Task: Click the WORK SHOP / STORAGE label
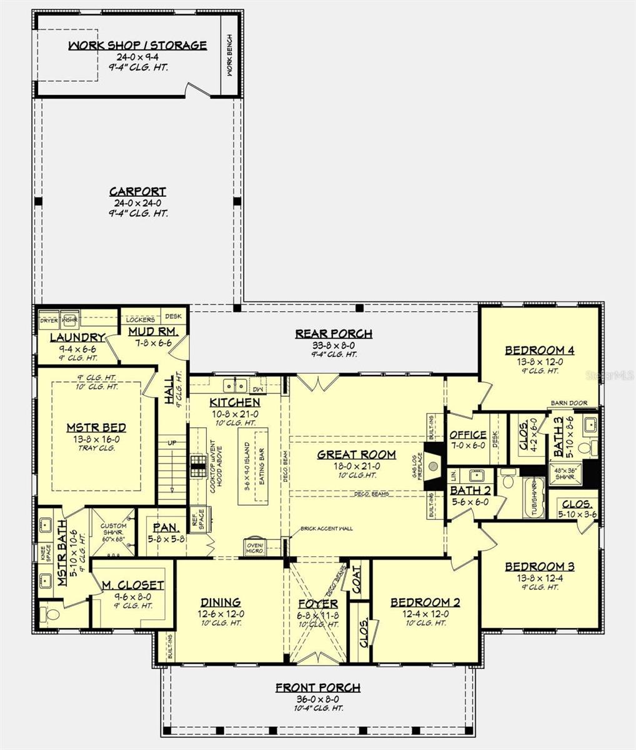point(137,46)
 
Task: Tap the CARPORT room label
point(137,192)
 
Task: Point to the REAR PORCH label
point(334,334)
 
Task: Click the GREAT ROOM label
point(356,454)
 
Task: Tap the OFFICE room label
point(468,435)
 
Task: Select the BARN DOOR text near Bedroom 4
point(569,403)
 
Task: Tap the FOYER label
point(317,604)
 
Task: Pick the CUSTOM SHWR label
point(113,529)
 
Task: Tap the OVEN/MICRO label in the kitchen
point(254,547)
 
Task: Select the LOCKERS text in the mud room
point(141,319)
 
